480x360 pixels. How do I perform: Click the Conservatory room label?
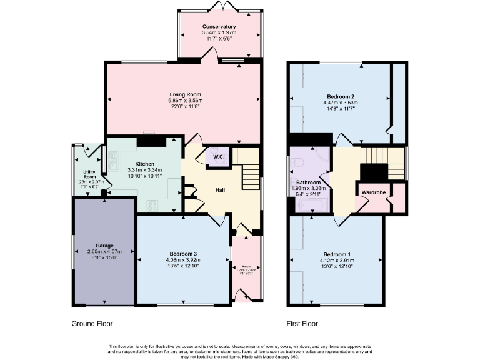click(x=219, y=27)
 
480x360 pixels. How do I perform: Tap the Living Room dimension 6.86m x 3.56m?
click(x=185, y=101)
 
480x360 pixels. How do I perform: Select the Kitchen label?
click(x=144, y=164)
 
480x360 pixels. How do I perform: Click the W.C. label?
click(x=219, y=157)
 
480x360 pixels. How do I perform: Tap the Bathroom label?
click(x=308, y=182)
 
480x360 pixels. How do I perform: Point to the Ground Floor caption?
click(x=92, y=324)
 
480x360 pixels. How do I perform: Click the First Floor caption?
click(x=302, y=324)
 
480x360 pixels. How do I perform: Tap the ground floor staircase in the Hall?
click(x=250, y=169)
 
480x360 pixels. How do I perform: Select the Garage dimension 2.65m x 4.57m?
click(x=104, y=252)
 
